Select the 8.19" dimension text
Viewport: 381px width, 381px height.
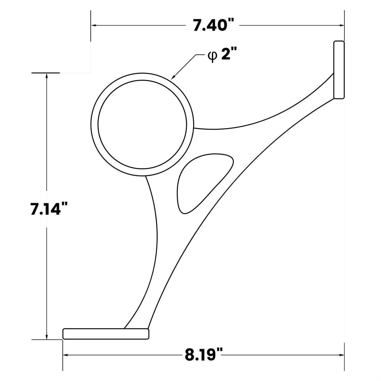coord(204,355)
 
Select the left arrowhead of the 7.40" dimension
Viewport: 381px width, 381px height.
coord(93,25)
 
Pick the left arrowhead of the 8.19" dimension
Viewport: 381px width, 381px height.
coord(66,355)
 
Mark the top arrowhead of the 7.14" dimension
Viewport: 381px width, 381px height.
coord(47,76)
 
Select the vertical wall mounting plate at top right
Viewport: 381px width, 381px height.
coord(339,70)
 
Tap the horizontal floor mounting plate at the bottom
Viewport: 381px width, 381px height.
coord(106,334)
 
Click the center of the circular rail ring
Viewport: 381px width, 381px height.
coord(142,124)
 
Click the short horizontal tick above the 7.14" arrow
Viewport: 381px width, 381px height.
coord(46,73)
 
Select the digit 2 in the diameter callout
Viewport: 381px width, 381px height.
coord(225,54)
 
